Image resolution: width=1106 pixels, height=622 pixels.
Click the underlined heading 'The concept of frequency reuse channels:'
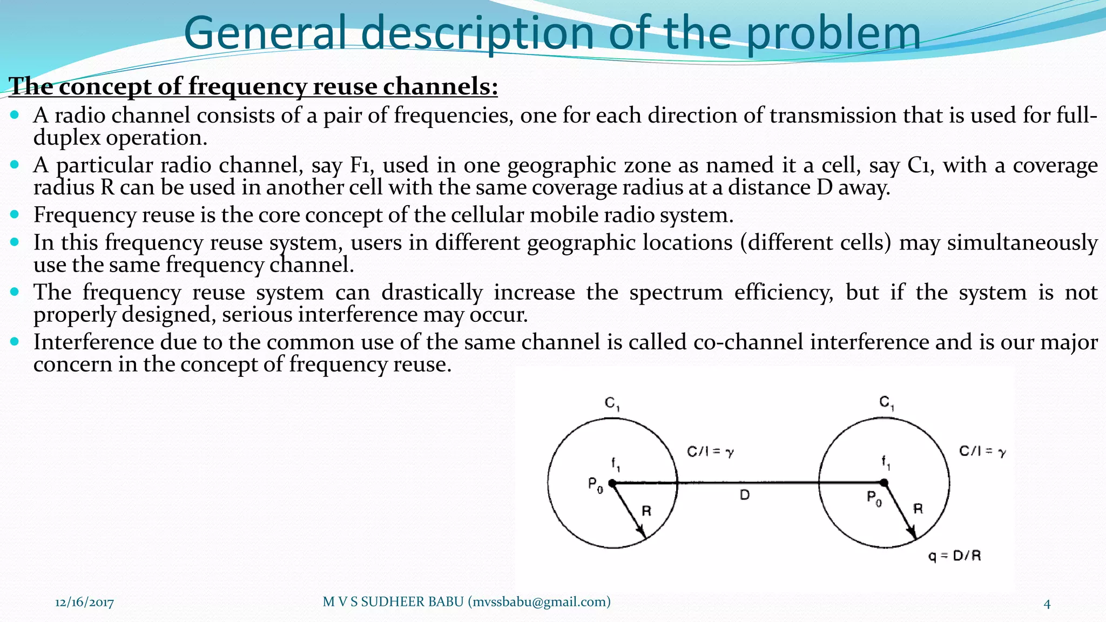click(253, 86)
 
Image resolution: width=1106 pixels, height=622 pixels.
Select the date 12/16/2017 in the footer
click(84, 602)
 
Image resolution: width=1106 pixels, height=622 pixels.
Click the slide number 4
click(1047, 604)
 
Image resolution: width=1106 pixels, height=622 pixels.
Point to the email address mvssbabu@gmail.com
click(539, 601)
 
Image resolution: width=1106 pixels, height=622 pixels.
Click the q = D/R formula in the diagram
click(954, 556)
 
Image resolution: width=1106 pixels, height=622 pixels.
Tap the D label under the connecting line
click(745, 495)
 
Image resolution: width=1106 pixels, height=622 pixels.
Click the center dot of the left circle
click(612, 483)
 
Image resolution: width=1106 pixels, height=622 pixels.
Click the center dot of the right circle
click(884, 482)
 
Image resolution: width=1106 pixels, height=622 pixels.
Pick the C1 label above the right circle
click(887, 402)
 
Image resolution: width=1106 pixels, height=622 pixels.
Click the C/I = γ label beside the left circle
click(710, 452)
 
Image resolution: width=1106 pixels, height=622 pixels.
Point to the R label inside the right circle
click(918, 508)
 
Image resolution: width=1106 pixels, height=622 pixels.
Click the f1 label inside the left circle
click(616, 463)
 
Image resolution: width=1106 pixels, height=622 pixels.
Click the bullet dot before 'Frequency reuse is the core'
click(15, 214)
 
